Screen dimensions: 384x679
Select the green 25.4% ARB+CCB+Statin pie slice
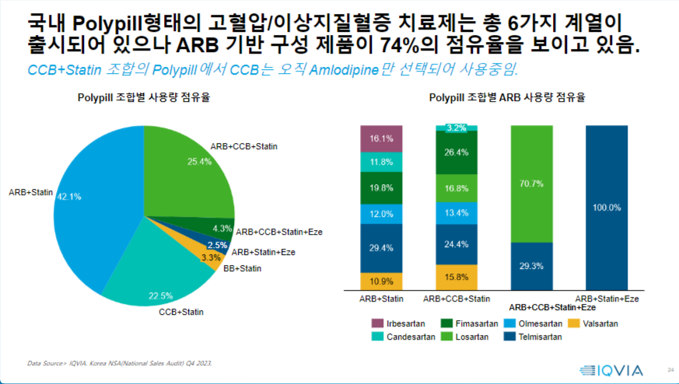187,171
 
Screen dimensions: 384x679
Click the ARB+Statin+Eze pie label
264,252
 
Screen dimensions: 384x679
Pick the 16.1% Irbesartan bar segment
381,138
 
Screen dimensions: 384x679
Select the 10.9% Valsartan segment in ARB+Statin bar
381,281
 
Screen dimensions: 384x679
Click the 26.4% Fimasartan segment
456,152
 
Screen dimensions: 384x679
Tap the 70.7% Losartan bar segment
531,183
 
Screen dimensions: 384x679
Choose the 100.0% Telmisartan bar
606,207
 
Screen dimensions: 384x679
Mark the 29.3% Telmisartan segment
531,266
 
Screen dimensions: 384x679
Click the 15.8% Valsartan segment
456,277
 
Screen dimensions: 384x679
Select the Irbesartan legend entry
401,323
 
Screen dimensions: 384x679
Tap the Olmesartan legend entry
541,323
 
